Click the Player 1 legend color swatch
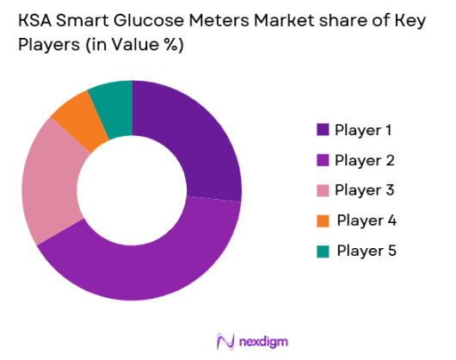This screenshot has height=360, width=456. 323,130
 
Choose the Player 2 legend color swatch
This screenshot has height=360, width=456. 323,160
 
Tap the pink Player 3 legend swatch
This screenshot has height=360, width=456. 323,190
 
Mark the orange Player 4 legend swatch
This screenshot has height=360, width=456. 323,220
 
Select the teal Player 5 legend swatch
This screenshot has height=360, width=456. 323,251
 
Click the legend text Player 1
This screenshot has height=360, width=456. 364,130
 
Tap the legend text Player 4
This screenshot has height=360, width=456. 366,220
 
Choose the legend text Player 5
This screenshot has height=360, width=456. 366,251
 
